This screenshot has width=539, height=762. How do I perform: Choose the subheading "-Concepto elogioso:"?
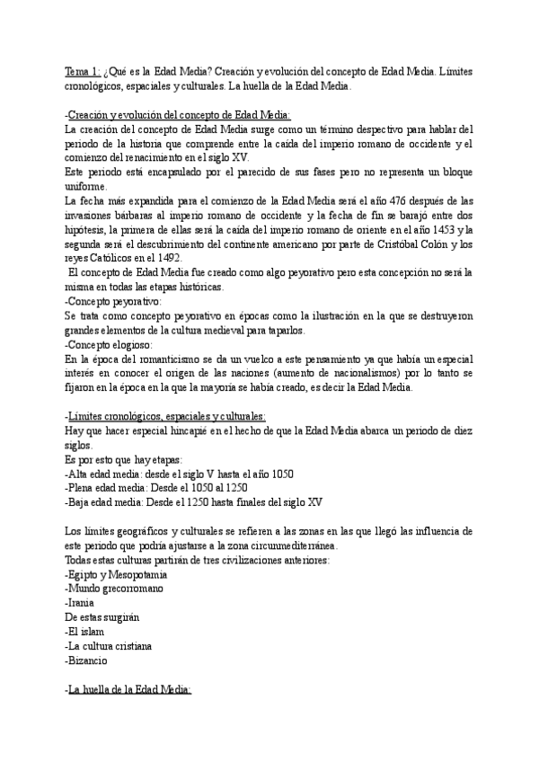coord(102,344)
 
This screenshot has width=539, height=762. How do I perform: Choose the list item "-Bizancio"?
coord(86,660)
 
